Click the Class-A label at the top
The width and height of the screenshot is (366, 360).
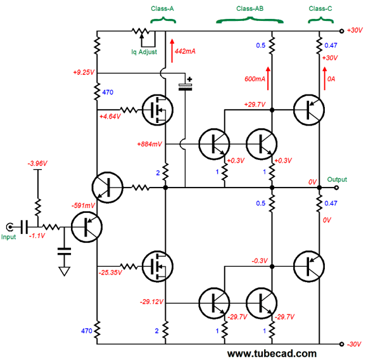(162, 9)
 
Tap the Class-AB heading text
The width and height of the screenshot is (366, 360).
(249, 9)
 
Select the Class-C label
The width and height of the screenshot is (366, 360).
(320, 9)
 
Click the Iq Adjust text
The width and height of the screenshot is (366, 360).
(144, 52)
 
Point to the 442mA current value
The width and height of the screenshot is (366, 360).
(185, 51)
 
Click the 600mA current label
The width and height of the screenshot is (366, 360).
(255, 79)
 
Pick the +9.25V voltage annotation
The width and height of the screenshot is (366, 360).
(84, 72)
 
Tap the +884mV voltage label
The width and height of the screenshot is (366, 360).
(149, 144)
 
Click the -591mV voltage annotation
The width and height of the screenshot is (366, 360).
(83, 205)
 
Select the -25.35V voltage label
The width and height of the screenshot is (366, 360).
(110, 273)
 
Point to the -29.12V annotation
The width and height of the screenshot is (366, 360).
(152, 302)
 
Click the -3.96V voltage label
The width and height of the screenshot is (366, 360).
(37, 164)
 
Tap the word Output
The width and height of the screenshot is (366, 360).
(337, 179)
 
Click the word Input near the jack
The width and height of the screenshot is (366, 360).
(8, 237)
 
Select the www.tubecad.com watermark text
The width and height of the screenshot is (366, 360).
(272, 354)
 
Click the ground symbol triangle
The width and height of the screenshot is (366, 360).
(65, 271)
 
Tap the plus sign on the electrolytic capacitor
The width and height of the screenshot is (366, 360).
(189, 79)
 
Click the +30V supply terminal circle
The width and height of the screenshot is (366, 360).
(341, 31)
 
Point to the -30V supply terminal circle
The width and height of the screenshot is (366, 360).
(341, 344)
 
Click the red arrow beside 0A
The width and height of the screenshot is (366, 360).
(325, 79)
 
